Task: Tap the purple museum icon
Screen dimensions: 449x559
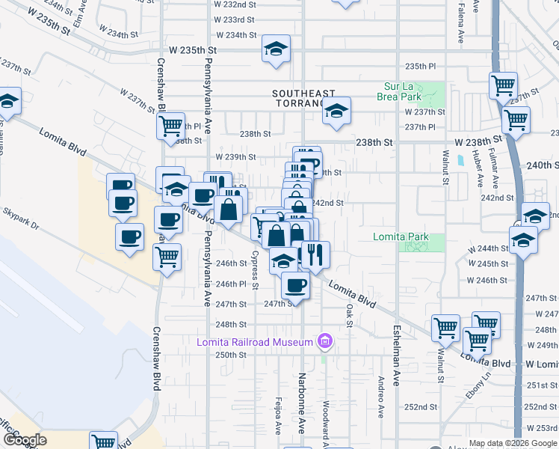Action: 324,342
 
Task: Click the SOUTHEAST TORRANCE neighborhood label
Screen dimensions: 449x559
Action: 304,98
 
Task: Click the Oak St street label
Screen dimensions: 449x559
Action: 349,314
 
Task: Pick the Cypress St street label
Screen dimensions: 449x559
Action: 255,270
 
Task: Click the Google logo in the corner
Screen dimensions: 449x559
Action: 25,440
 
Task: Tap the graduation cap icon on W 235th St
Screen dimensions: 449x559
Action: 277,50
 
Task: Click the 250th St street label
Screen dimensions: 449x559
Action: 231,355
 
